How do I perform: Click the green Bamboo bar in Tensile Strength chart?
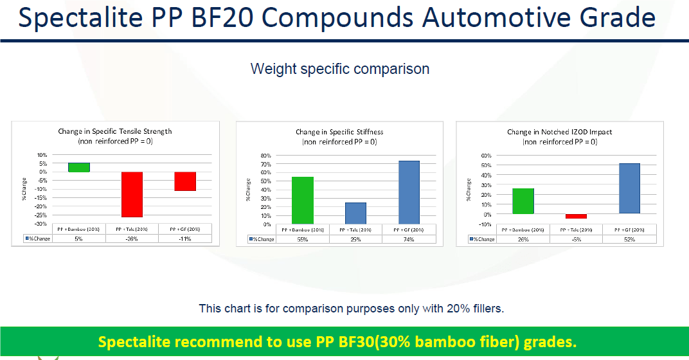(79, 167)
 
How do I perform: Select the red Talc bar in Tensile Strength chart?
(132, 194)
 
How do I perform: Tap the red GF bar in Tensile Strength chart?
(185, 181)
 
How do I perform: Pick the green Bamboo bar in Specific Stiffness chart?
(303, 200)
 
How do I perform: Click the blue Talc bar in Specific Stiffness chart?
(356, 213)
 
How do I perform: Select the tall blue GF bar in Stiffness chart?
(409, 192)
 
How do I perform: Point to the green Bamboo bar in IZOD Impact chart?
(523, 201)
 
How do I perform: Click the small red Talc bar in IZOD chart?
(576, 217)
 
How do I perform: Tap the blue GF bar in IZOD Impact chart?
(629, 188)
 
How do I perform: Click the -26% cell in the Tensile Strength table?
(132, 239)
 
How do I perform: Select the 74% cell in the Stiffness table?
(409, 239)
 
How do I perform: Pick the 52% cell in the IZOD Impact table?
(629, 239)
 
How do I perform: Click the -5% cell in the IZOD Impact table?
(576, 239)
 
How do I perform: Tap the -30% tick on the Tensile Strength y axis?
(40, 224)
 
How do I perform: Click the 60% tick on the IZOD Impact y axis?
(486, 156)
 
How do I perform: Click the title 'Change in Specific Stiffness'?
(339, 132)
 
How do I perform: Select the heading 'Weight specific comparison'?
(339, 69)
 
